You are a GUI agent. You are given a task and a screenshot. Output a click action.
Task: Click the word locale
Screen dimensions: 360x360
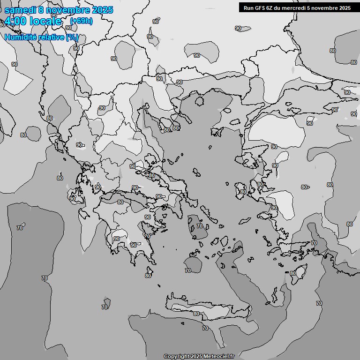(45, 21)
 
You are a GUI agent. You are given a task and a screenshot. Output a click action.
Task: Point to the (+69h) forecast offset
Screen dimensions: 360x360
(81, 21)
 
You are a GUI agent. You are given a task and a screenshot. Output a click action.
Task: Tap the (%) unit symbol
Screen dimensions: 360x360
(72, 37)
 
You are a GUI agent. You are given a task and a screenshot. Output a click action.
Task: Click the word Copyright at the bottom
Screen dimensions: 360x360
(176, 356)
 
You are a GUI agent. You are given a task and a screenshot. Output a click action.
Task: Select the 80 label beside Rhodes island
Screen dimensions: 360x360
(293, 273)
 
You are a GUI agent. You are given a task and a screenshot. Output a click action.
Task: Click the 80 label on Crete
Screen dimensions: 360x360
(196, 314)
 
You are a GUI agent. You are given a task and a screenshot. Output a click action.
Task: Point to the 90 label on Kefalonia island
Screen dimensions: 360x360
(72, 199)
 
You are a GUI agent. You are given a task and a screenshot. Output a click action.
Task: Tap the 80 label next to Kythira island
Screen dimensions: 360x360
(148, 276)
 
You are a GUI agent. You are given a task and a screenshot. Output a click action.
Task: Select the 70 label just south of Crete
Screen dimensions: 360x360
(205, 328)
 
